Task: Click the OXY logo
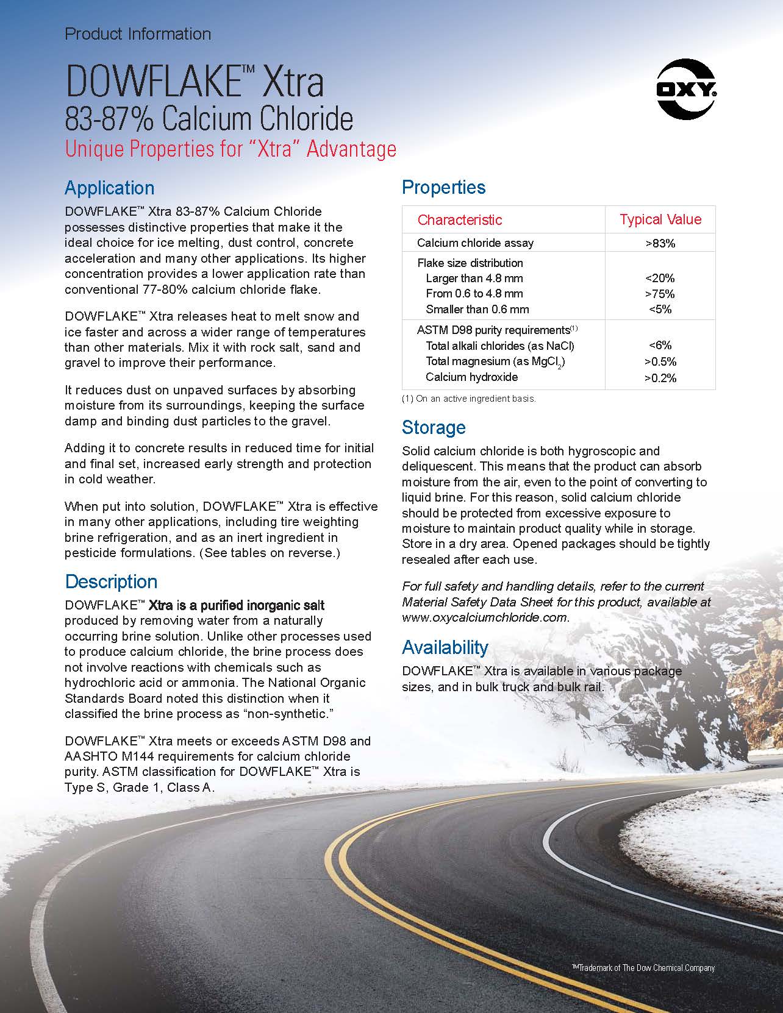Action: [x=685, y=91]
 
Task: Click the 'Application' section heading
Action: [x=109, y=188]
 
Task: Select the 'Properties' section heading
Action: [x=443, y=187]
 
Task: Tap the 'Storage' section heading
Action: [x=433, y=427]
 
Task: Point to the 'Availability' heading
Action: [x=445, y=647]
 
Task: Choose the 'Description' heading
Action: [x=111, y=581]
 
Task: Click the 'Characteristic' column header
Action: [x=459, y=219]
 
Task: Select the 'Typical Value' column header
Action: [x=660, y=219]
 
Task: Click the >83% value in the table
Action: [x=660, y=243]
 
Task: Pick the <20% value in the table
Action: [x=660, y=279]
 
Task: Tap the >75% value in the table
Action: [x=660, y=294]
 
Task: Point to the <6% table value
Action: [x=660, y=346]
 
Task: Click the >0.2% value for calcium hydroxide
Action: [x=660, y=378]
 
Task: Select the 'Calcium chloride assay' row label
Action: [x=475, y=243]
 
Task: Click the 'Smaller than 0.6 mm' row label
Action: [x=477, y=309]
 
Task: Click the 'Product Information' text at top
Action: [x=138, y=34]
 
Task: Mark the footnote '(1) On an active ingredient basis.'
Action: [x=468, y=399]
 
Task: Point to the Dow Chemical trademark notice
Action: [x=643, y=967]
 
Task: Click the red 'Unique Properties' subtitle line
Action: [x=231, y=149]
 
